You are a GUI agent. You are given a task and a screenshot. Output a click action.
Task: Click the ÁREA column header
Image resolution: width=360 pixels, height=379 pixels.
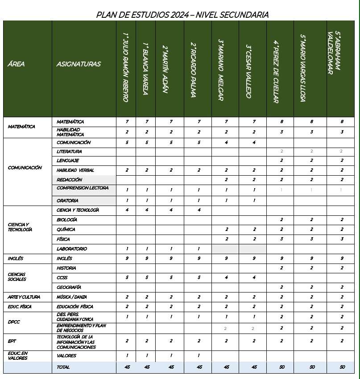pyautogui.click(x=16, y=64)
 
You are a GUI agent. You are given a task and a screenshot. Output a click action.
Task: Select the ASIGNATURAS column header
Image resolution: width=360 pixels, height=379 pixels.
pyautogui.click(x=79, y=64)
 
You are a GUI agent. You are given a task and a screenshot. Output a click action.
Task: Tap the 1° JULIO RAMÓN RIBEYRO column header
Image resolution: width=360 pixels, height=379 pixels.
pyautogui.click(x=125, y=67)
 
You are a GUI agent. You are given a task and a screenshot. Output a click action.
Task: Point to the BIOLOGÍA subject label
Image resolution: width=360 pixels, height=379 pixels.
pyautogui.click(x=67, y=220)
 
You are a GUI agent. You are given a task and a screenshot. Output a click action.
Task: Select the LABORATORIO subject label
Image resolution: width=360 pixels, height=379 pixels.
pyautogui.click(x=72, y=249)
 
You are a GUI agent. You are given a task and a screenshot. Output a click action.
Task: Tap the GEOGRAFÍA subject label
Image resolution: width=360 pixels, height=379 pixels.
pyautogui.click(x=69, y=288)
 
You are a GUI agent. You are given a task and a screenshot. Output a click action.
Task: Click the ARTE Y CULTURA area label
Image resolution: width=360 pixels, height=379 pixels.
pyautogui.click(x=24, y=297)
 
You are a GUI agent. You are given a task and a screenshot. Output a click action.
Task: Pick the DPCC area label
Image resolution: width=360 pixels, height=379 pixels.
pyautogui.click(x=14, y=321)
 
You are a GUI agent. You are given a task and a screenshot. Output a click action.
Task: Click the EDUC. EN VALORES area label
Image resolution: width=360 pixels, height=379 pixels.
pyautogui.click(x=18, y=355)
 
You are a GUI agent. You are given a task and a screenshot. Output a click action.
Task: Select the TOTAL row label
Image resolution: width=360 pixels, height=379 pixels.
pyautogui.click(x=63, y=367)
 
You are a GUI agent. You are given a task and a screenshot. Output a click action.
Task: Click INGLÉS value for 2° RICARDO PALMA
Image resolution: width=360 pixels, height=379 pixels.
pyautogui.click(x=199, y=259)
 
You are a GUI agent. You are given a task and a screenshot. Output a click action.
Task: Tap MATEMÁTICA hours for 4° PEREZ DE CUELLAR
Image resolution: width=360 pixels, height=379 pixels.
pyautogui.click(x=281, y=122)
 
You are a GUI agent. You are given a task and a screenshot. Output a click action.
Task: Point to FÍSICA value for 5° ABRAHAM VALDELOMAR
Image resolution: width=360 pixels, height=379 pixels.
pyautogui.click(x=341, y=239)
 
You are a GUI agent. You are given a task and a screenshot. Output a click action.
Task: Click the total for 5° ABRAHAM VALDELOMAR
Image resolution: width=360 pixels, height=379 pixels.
pyautogui.click(x=341, y=367)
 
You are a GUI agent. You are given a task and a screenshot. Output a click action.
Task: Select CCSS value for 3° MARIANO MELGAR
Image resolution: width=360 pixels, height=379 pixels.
pyautogui.click(x=227, y=277)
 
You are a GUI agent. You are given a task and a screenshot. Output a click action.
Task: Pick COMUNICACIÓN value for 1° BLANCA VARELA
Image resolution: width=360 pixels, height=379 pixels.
pyautogui.click(x=147, y=143)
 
